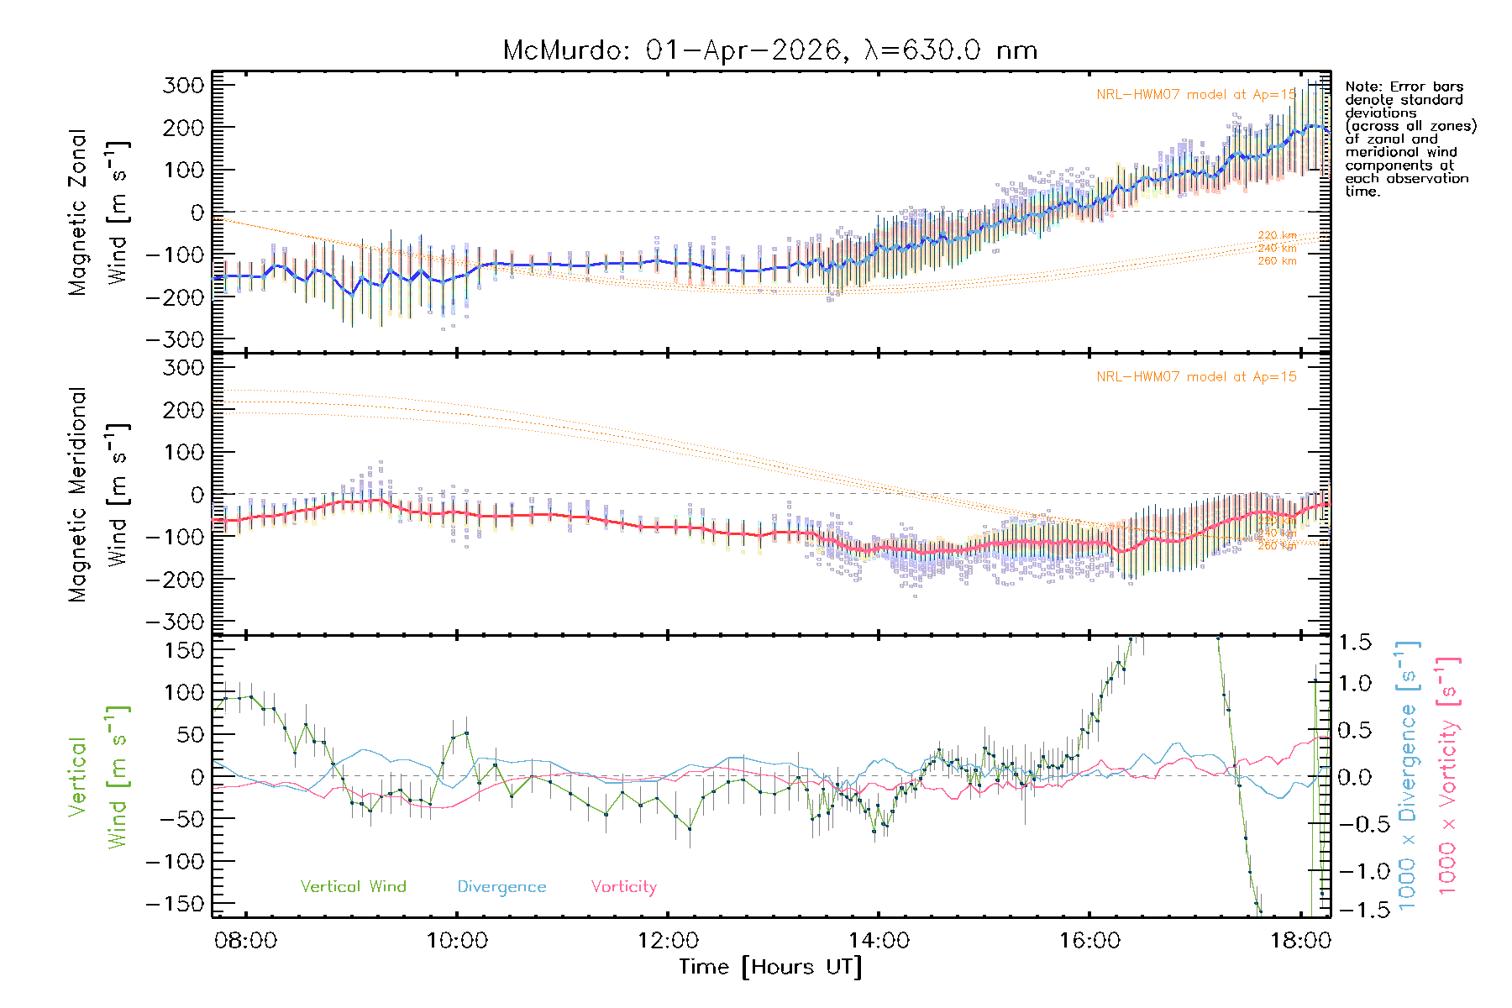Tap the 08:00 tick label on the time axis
[x=245, y=941]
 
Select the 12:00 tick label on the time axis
[x=668, y=941]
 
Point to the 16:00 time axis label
[x=1089, y=941]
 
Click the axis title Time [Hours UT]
[x=770, y=967]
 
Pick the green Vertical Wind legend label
[x=353, y=886]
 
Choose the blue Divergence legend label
[x=501, y=886]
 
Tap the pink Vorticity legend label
[x=623, y=886]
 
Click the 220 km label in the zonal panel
[x=1277, y=235]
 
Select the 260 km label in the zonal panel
[x=1277, y=261]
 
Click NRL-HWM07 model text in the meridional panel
[x=1196, y=376]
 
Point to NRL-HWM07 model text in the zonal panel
[x=1196, y=94]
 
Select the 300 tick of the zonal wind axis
[x=184, y=85]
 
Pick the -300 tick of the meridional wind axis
[x=176, y=622]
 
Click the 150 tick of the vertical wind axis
[x=184, y=649]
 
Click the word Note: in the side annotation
[x=1363, y=87]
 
